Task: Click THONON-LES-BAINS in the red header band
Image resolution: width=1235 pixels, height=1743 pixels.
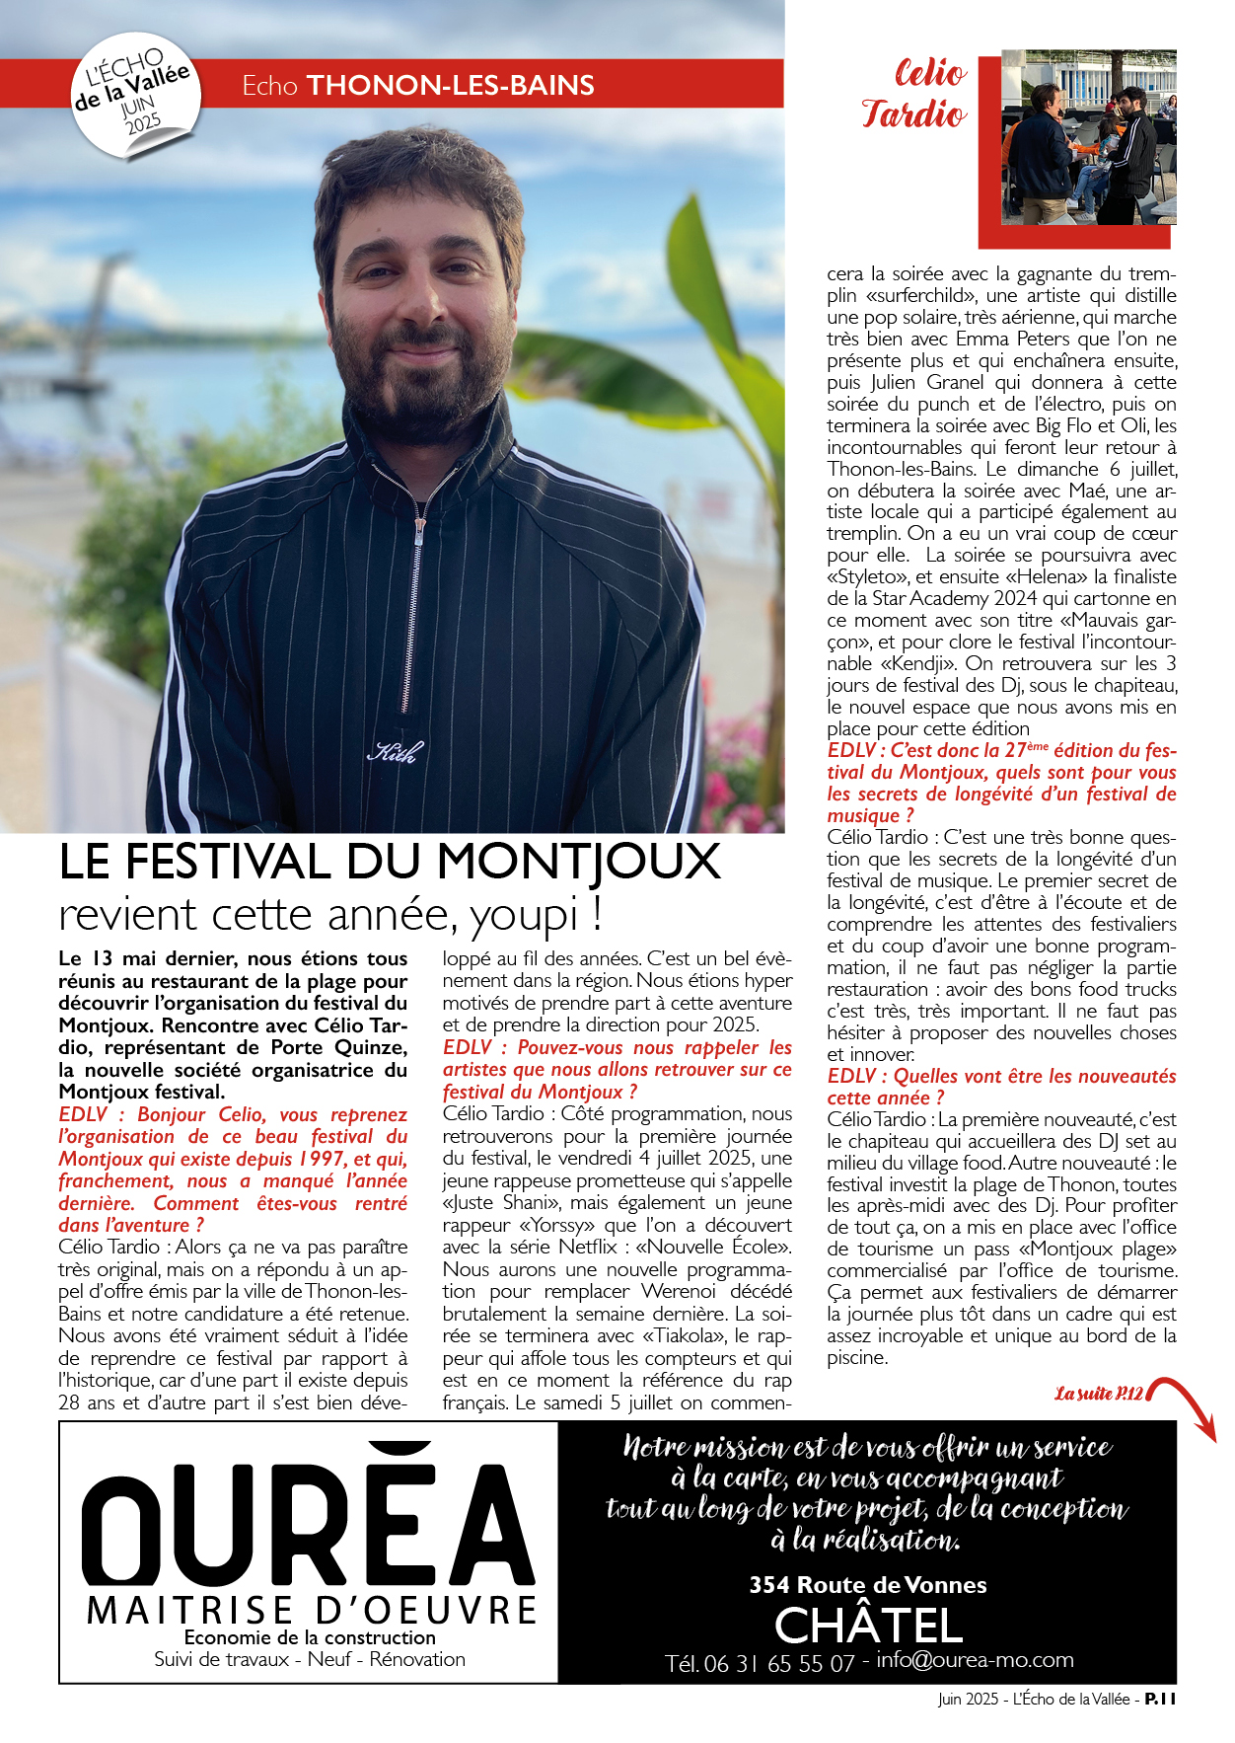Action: click(x=451, y=86)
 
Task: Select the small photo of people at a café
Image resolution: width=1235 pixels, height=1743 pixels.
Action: click(x=1088, y=137)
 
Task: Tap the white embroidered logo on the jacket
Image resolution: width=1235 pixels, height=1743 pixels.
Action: click(x=396, y=752)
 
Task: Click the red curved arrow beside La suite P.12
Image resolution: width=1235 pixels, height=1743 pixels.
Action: click(x=1184, y=1402)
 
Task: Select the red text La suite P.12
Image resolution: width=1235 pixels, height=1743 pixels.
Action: click(x=1098, y=1394)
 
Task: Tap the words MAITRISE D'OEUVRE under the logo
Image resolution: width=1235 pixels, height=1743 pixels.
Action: click(x=312, y=1611)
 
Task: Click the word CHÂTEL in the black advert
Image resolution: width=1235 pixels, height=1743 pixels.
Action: click(x=868, y=1625)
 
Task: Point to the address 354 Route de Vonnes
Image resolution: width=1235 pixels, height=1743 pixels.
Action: click(x=868, y=1585)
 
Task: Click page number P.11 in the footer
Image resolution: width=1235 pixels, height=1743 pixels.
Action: click(x=1160, y=1699)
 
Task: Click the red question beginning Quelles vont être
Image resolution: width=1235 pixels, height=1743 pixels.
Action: click(x=1001, y=1087)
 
